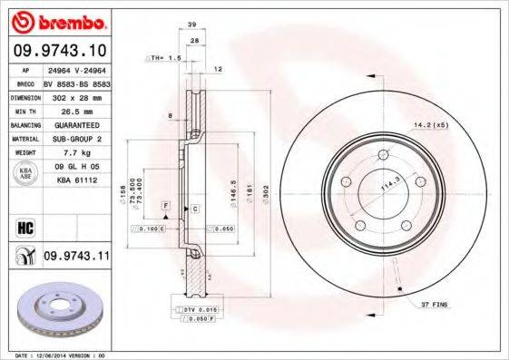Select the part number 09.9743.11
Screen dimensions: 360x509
[x=75, y=258]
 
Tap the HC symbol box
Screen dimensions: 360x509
[x=24, y=225]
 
